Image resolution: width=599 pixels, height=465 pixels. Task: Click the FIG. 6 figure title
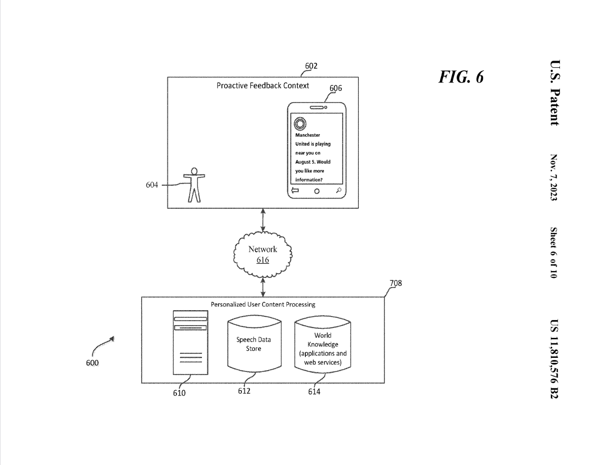461,77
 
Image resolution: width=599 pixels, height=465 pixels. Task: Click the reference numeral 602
311,66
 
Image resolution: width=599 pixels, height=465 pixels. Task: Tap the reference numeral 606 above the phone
336,88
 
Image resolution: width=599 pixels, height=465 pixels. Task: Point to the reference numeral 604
152,185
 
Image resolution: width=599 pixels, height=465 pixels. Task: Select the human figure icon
194,184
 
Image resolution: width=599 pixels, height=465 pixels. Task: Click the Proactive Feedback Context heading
263,86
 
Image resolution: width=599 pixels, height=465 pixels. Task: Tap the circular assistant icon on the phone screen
300,123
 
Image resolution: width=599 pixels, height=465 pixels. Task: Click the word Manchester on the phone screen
308,135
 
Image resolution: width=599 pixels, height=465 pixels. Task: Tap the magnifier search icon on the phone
339,190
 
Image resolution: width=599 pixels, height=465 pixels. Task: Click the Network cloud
263,254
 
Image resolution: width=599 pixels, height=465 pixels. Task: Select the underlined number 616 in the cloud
263,260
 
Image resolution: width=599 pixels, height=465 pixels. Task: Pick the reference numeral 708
396,283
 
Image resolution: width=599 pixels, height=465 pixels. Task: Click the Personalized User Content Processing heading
263,304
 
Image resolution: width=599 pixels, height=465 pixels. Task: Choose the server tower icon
191,342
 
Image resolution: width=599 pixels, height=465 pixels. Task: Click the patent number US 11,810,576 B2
554,359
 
